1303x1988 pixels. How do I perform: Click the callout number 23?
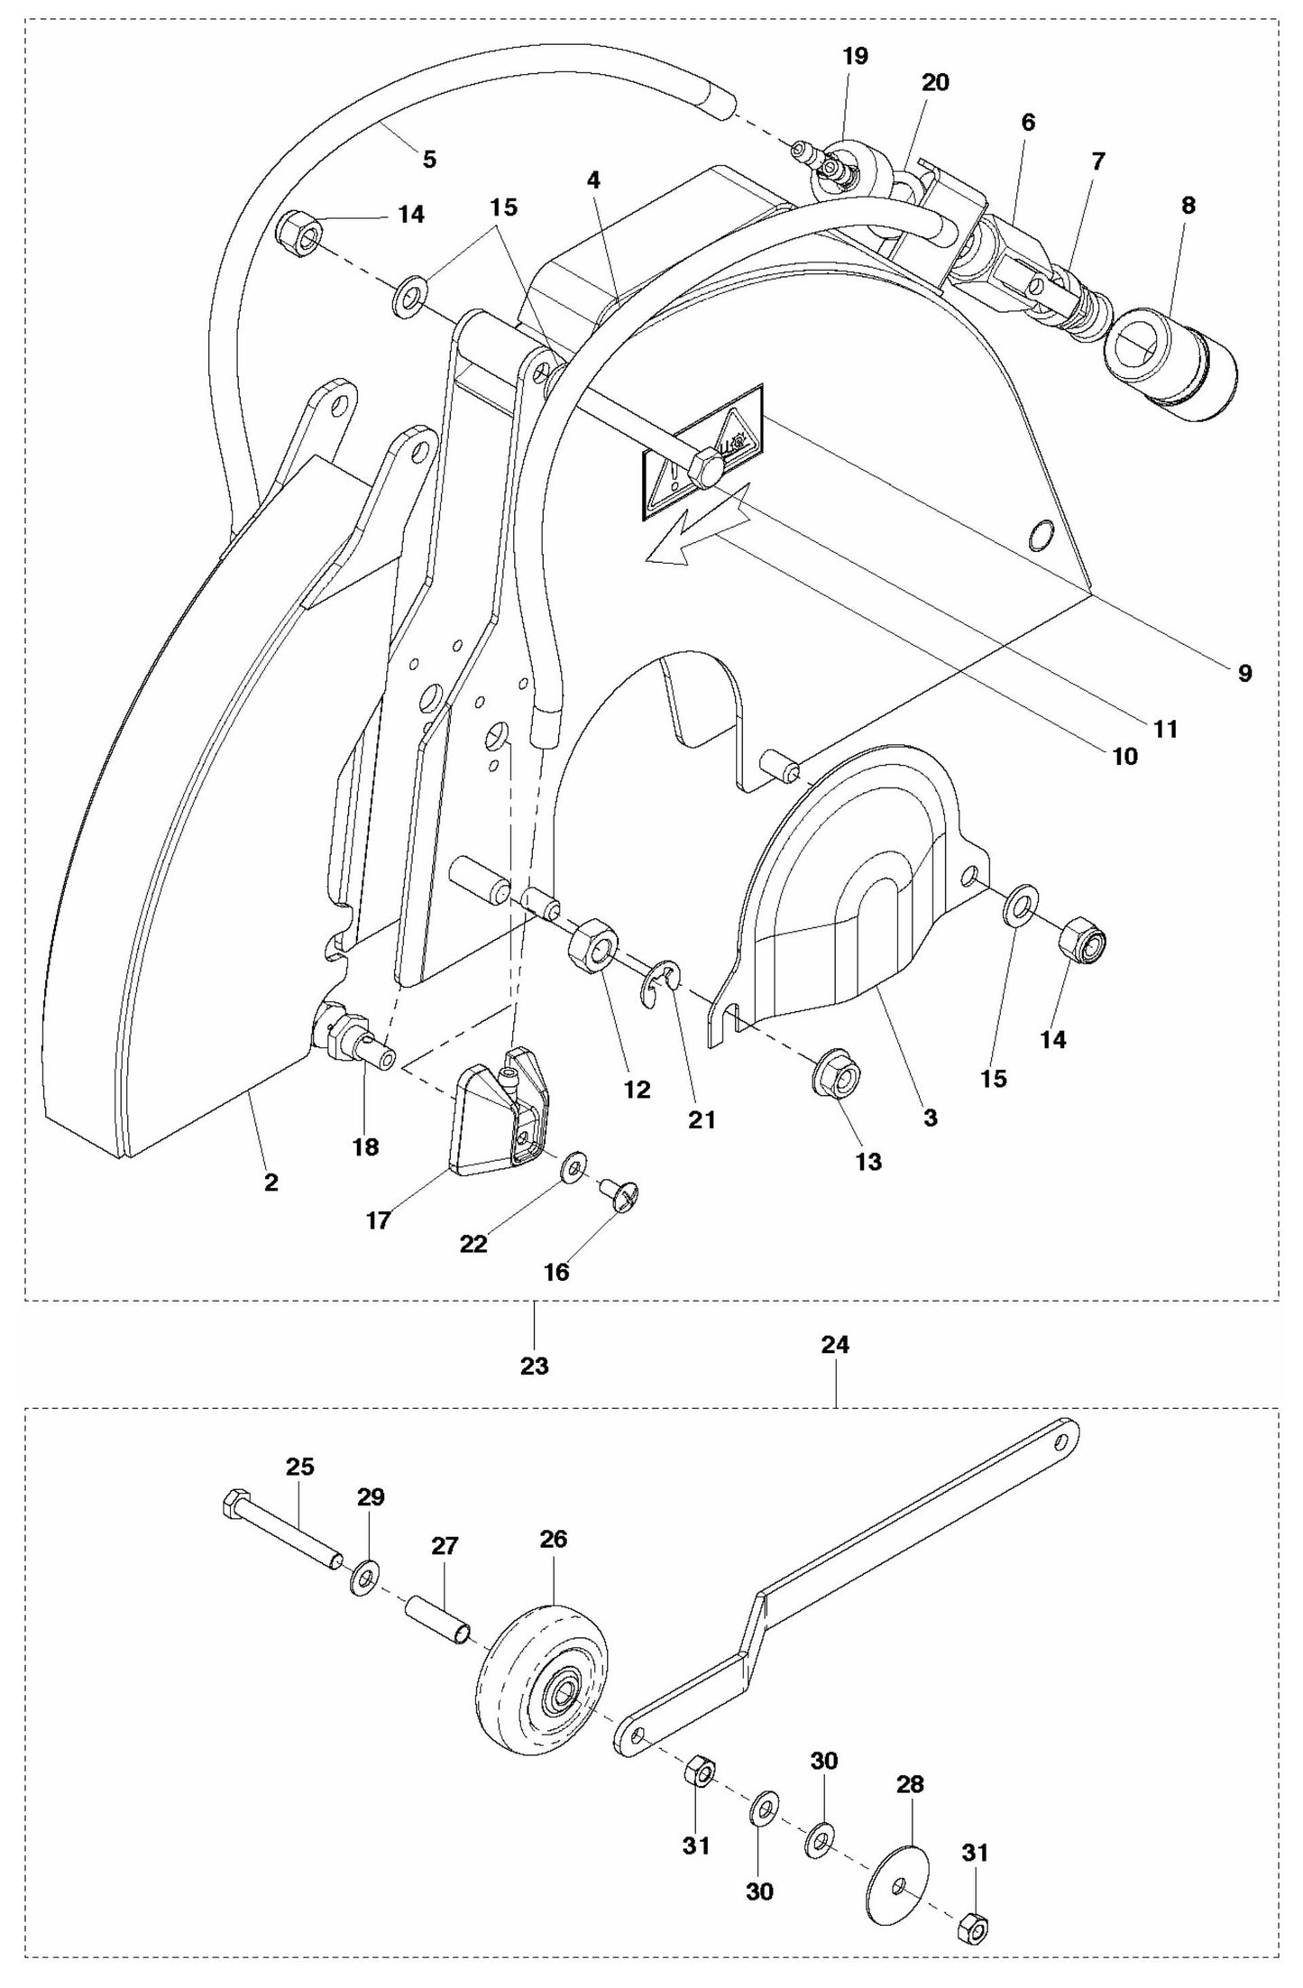click(534, 1366)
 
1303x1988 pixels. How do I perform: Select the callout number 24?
click(835, 1345)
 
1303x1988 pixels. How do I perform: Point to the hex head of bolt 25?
click(232, 1503)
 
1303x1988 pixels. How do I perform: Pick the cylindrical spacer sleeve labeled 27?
click(439, 1620)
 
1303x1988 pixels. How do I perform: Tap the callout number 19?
click(855, 56)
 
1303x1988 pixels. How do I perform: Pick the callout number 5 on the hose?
click(429, 160)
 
